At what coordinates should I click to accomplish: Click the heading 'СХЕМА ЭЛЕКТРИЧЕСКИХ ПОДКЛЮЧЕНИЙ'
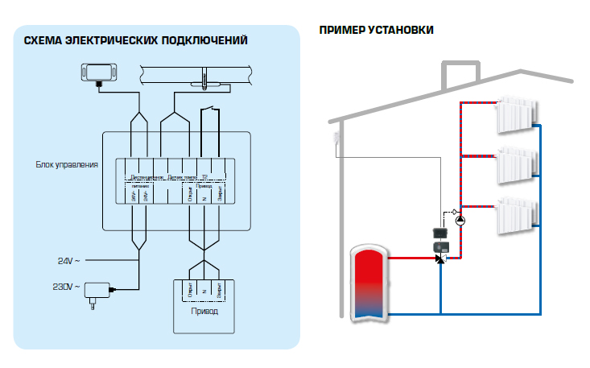click(135, 40)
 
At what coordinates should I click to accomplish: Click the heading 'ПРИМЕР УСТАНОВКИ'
click(377, 30)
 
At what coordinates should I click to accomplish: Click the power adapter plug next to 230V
click(99, 289)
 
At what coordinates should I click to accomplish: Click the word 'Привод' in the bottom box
click(204, 310)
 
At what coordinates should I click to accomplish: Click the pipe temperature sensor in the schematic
click(206, 80)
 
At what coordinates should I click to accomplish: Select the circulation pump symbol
click(460, 221)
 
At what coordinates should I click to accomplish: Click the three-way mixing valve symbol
click(440, 258)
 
